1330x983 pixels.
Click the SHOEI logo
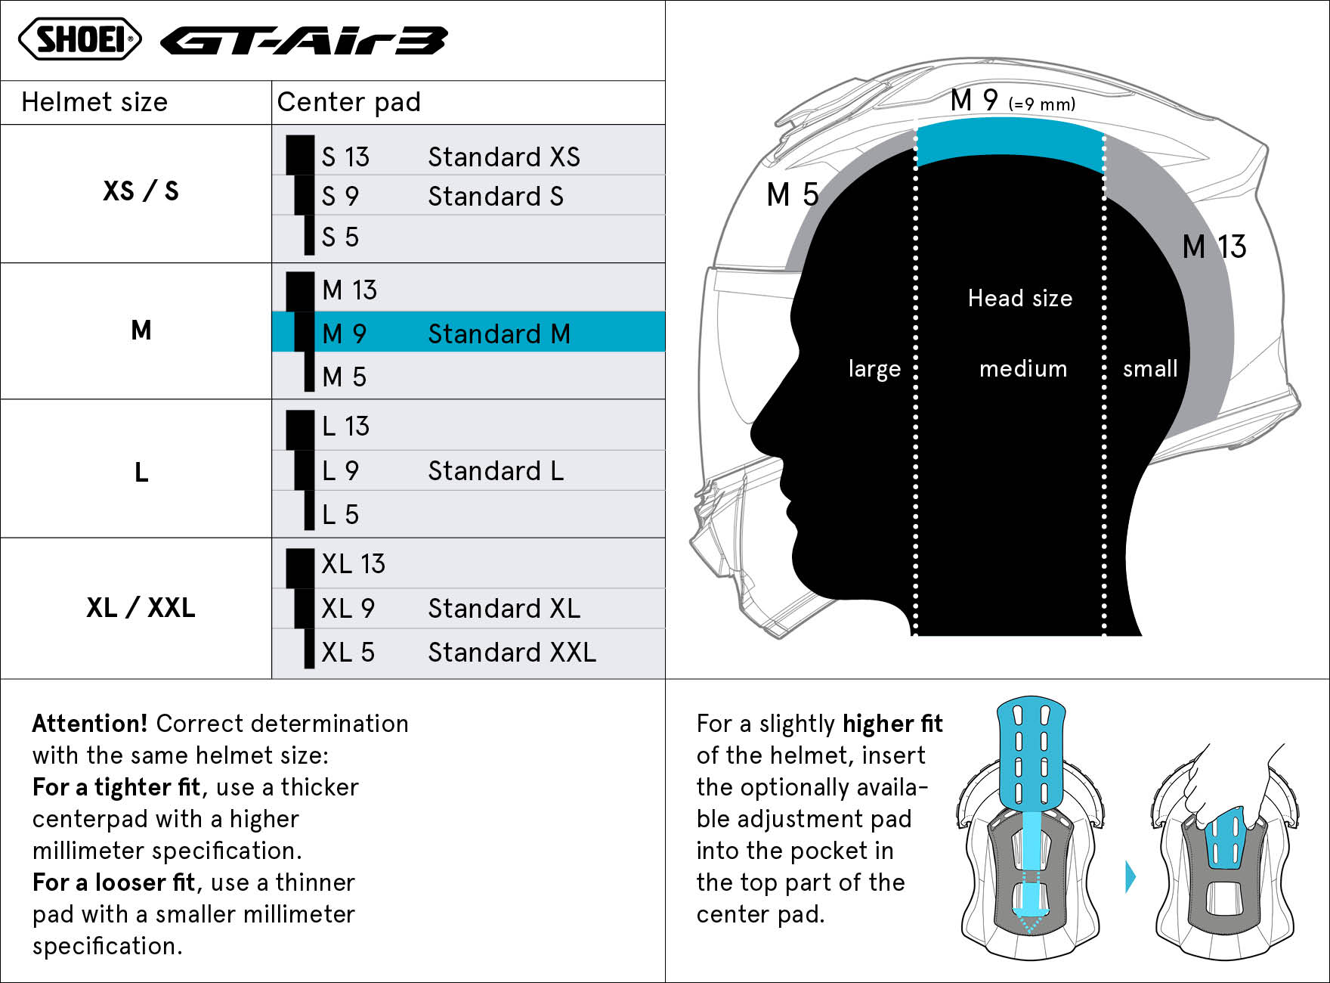coord(80,39)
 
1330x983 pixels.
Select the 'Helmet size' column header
coord(94,102)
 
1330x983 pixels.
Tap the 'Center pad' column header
coord(349,102)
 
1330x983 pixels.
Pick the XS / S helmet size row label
coord(141,191)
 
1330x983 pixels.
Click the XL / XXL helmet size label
coord(141,607)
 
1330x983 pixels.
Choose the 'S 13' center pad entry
coord(345,157)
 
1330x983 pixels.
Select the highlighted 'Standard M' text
coord(500,333)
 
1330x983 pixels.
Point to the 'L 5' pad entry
coord(340,514)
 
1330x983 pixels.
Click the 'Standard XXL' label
coord(512,652)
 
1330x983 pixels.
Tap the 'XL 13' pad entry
coord(353,563)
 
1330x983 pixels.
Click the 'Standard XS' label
coord(504,157)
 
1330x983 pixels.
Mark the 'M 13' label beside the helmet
coord(1214,247)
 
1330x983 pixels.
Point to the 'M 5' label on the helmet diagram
coord(793,195)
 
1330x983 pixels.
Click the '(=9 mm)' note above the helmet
coord(1042,104)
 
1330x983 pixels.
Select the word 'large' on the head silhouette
coord(874,369)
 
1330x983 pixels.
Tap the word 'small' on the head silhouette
coord(1150,369)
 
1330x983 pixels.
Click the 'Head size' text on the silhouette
coord(1020,298)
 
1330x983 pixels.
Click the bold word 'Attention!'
coord(90,724)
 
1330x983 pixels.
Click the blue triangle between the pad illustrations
coord(1130,876)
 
